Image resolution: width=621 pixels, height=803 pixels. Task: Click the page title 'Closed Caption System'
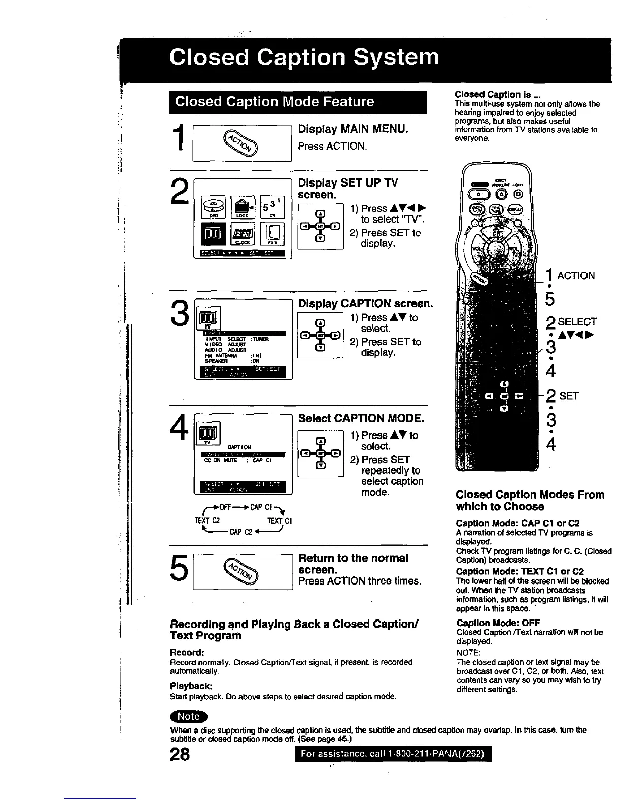pos(304,57)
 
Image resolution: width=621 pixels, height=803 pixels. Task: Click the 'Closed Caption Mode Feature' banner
pos(274,102)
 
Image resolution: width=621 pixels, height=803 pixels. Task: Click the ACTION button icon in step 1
pos(242,143)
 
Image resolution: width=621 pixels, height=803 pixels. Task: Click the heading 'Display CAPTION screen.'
pos(365,303)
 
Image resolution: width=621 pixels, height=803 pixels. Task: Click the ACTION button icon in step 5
pos(242,571)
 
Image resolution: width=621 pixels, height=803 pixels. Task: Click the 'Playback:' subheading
pos(190,686)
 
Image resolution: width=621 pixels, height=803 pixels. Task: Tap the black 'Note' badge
pos(189,716)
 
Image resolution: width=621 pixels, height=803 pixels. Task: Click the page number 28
pos(180,754)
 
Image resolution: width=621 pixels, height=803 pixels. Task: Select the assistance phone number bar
pos(393,754)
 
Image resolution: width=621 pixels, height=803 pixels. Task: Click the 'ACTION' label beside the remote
pos(576,276)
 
